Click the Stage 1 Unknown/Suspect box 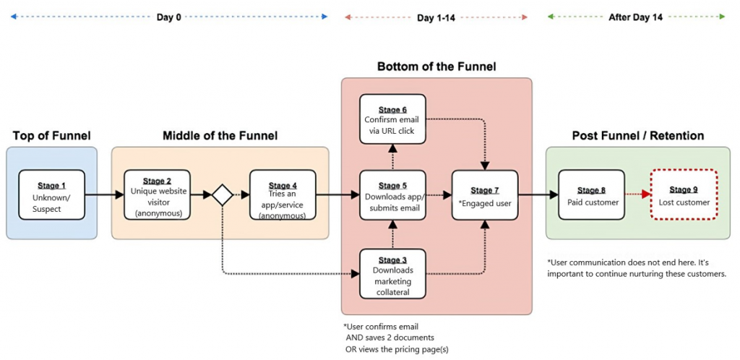coord(51,194)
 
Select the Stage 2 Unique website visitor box coord(157,194)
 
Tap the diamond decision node coord(221,194)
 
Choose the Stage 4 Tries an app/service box coord(283,194)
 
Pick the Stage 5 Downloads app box coord(392,194)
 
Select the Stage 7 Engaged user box coord(485,194)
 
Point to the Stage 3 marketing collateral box coord(392,273)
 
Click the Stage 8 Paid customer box coord(590,194)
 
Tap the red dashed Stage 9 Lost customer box coord(683,194)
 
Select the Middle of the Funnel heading coord(220,136)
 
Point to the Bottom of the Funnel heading coord(436,67)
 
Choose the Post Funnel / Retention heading coord(637,136)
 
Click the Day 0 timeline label coord(169,17)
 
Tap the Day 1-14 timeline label coord(436,17)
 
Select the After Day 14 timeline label coord(637,17)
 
